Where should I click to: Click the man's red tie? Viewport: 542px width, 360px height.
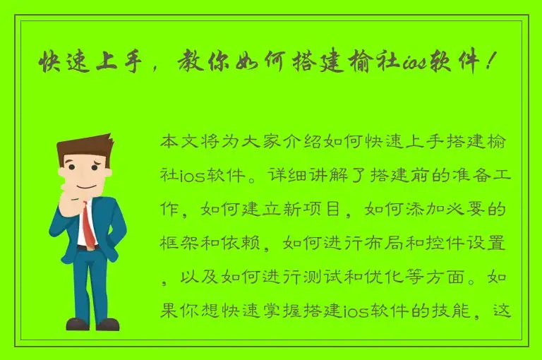coord(88,224)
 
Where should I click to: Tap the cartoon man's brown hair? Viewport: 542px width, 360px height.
coord(83,148)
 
